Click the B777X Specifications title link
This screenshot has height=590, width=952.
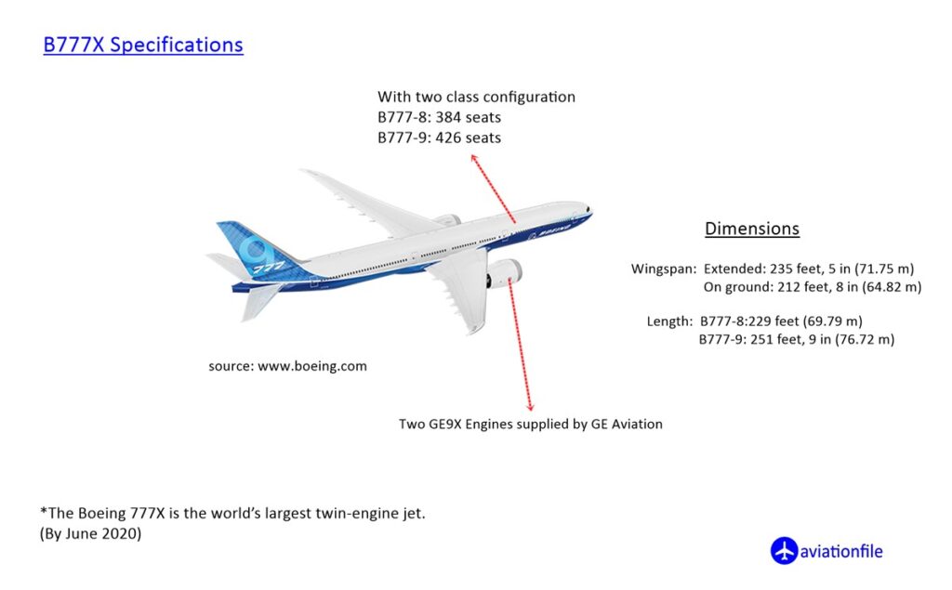tap(143, 45)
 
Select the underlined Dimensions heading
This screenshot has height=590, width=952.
tap(751, 229)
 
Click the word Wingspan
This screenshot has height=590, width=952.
tap(663, 269)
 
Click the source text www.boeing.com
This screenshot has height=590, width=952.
tap(312, 366)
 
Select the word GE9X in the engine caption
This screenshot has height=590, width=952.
tap(445, 425)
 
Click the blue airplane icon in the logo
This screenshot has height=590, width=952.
tap(784, 551)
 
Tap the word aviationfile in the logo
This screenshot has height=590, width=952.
tap(841, 552)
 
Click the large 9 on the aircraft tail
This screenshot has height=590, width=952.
tap(253, 250)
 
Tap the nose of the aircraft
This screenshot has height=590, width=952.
tap(588, 211)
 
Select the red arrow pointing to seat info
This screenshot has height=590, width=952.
tap(493, 189)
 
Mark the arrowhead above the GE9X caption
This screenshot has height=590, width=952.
tap(530, 407)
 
